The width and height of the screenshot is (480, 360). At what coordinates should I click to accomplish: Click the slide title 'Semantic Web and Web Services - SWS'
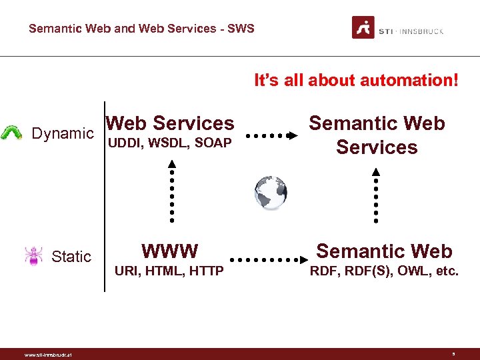[141, 29]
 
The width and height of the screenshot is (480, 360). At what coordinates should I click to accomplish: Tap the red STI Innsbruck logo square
[363, 27]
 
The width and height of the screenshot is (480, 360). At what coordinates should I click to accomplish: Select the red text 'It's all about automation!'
[356, 81]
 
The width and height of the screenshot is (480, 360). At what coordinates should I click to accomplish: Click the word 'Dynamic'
[63, 133]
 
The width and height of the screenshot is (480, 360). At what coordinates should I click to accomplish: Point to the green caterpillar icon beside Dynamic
[11, 133]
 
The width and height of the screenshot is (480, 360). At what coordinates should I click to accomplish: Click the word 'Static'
[71, 257]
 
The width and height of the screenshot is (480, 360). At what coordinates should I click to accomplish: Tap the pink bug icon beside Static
[33, 256]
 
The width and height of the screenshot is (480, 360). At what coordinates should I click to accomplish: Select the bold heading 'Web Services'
[170, 123]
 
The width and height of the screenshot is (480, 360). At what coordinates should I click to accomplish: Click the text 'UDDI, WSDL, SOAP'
[170, 143]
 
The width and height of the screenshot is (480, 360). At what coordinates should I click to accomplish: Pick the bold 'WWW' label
[169, 251]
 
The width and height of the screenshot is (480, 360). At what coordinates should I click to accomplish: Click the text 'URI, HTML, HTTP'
[169, 271]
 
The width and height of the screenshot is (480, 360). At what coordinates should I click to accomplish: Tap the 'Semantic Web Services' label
[377, 135]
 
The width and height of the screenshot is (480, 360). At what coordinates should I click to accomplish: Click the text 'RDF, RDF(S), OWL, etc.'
[383, 271]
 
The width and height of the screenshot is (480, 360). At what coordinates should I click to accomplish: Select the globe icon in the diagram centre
[271, 193]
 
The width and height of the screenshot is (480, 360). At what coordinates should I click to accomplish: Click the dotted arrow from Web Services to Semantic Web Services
[271, 135]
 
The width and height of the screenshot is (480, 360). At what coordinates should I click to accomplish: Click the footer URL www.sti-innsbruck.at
[47, 355]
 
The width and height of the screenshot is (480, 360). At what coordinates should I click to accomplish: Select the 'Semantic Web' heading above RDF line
[384, 251]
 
